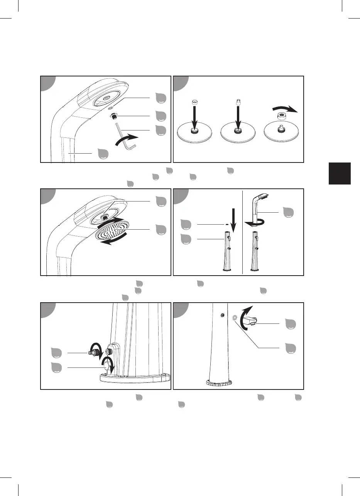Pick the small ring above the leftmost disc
tap(194, 102)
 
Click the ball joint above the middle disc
tap(238, 103)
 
